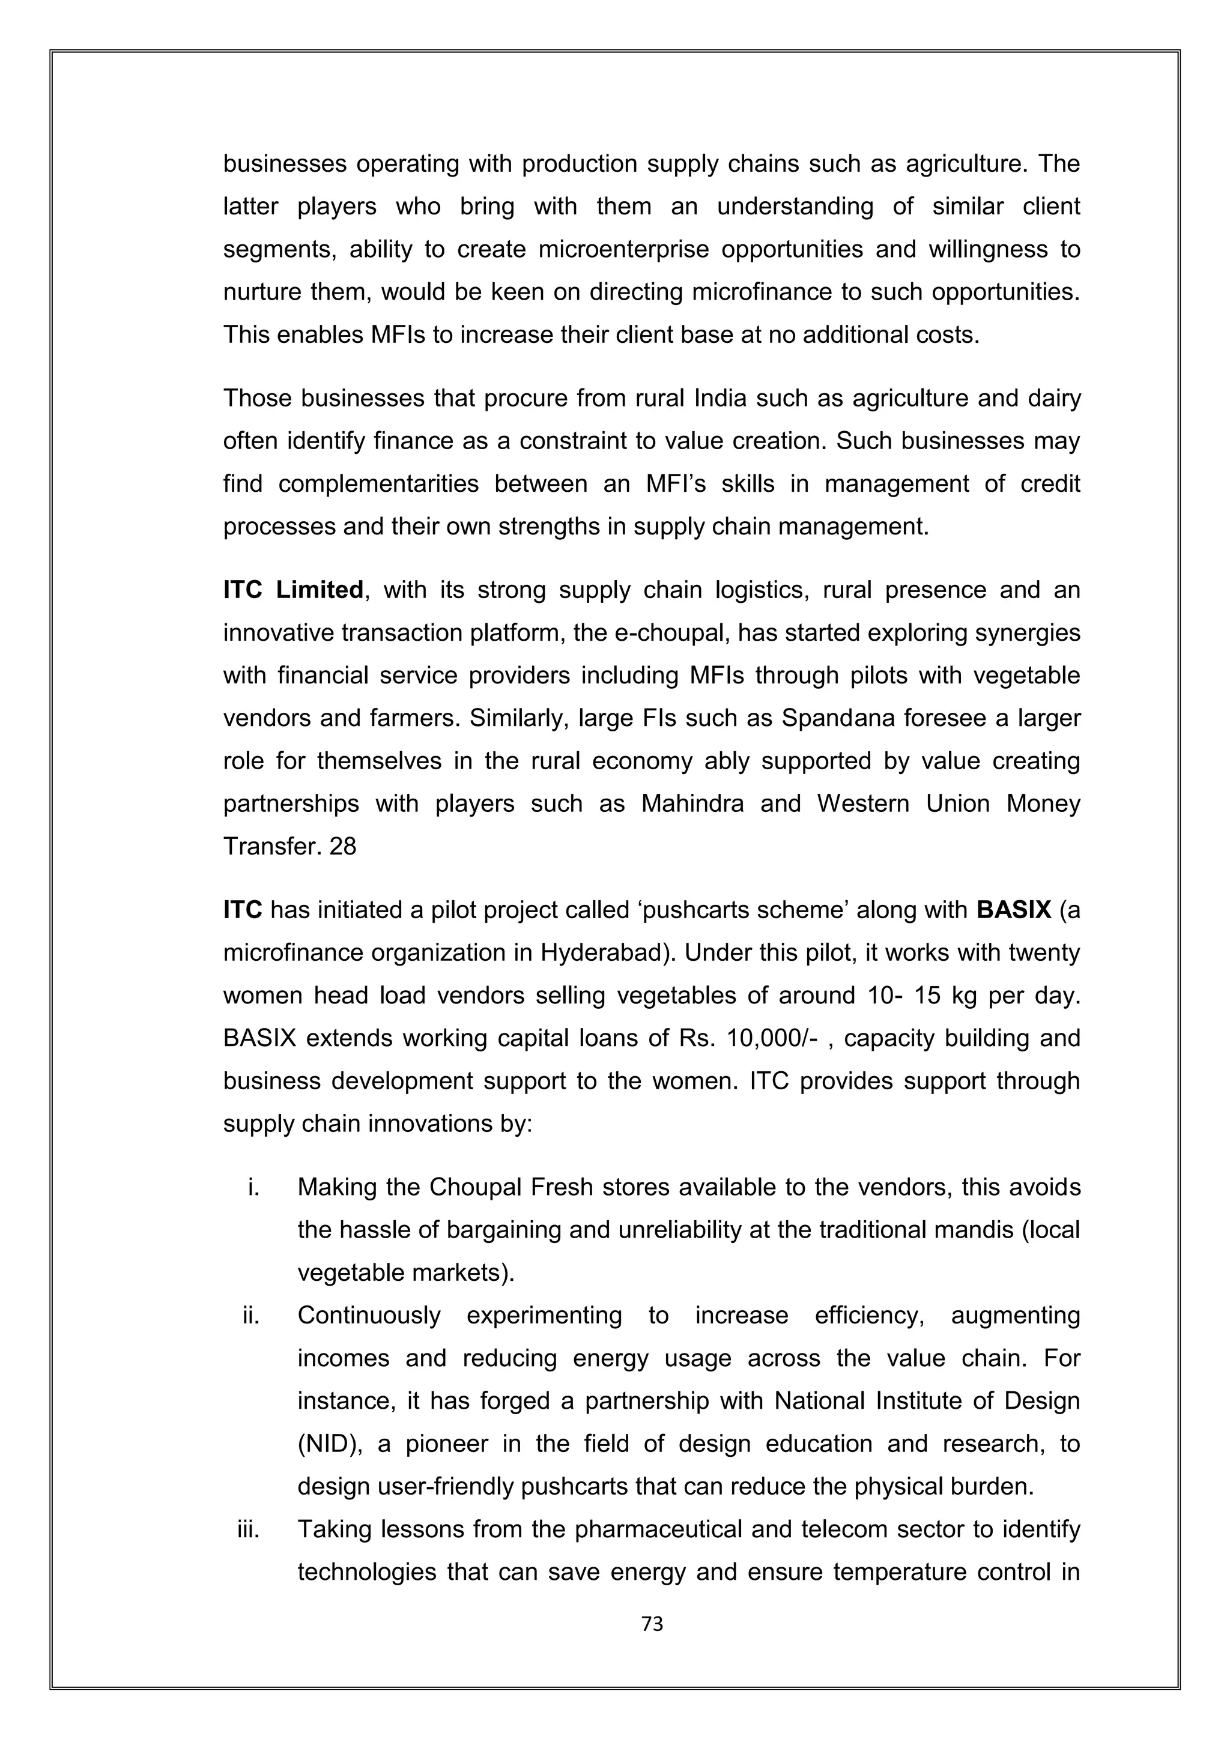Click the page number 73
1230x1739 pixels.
point(652,1623)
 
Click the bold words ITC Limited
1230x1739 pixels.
point(292,590)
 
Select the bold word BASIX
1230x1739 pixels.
point(1013,910)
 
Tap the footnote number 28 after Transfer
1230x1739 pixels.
point(342,846)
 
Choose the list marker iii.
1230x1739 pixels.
point(249,1529)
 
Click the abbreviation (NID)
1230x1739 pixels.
point(327,1444)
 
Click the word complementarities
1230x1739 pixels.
point(378,483)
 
